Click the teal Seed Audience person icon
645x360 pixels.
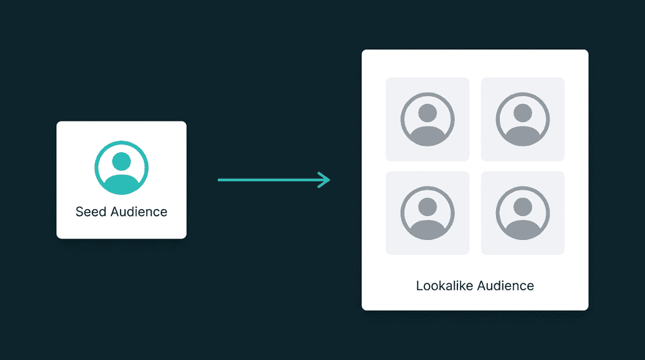click(121, 168)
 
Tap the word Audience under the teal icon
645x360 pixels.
click(139, 212)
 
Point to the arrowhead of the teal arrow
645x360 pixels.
click(327, 180)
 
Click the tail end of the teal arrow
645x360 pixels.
click(220, 180)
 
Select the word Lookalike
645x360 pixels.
click(442, 285)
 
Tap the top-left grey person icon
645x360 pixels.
click(427, 119)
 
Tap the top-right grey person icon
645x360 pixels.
click(522, 119)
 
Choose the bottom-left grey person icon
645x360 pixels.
click(427, 213)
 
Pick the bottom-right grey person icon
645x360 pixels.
click(522, 213)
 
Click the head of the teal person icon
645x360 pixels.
click(121, 161)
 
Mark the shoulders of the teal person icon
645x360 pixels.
click(121, 183)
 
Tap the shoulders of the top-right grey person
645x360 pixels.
click(522, 135)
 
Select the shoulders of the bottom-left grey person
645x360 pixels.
click(427, 228)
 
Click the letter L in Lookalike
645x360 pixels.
click(419, 285)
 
